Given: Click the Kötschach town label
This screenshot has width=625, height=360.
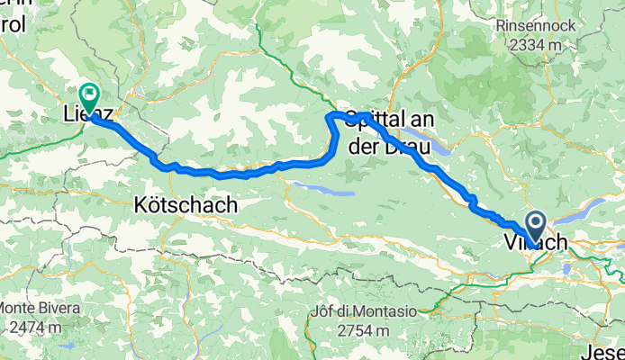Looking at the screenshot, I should [x=186, y=205].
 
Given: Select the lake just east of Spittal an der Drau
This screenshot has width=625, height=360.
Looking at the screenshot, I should [x=438, y=150].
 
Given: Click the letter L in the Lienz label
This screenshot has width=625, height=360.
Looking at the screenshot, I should [x=68, y=115].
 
